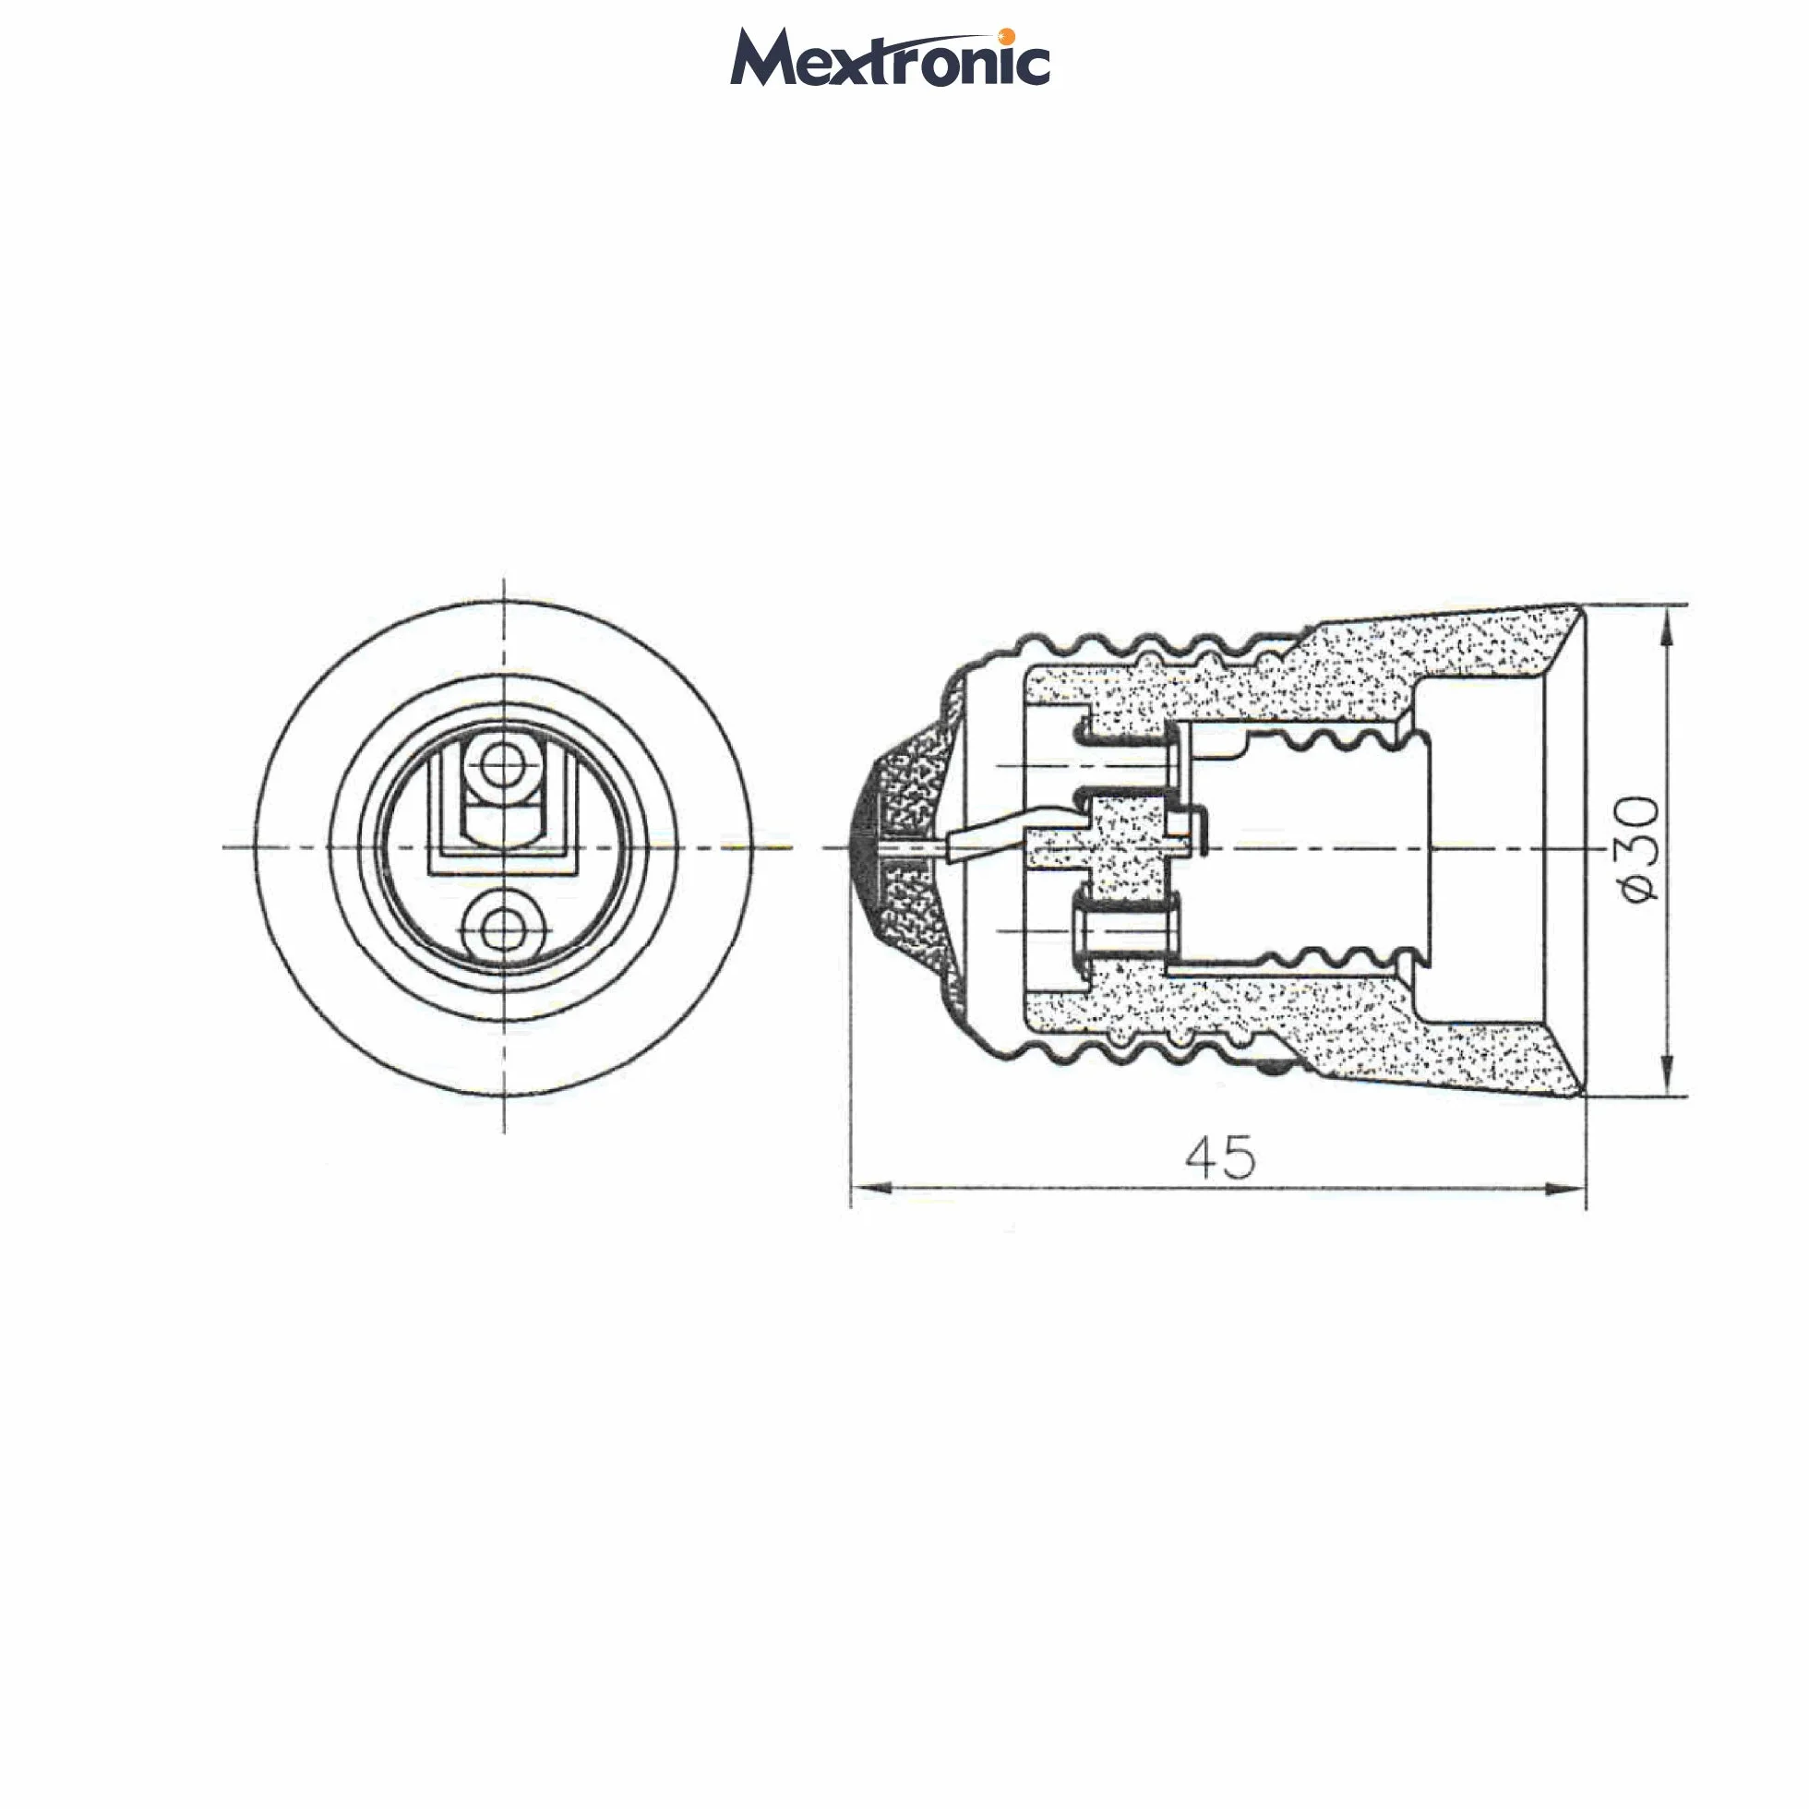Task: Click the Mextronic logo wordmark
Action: click(x=890, y=58)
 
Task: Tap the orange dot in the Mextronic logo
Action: click(x=1008, y=37)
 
